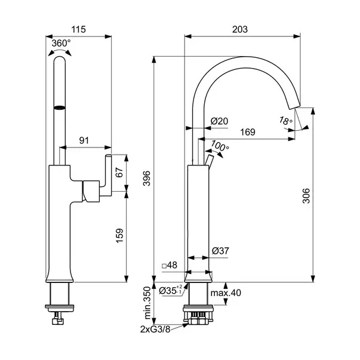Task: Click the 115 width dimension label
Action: coord(78,29)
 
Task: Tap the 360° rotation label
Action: coord(61,43)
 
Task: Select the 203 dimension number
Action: coord(240,29)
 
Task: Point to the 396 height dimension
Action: coord(146,178)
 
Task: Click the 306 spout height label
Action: coord(306,196)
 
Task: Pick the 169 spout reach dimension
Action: coord(248,132)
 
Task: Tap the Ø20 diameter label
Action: coord(220,121)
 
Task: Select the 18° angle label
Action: coord(286,121)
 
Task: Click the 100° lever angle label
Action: coord(220,146)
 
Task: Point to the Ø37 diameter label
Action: coord(220,251)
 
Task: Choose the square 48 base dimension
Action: coord(170,265)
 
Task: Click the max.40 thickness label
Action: coord(226,293)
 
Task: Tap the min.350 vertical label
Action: coord(148,303)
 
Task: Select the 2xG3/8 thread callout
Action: coord(155,330)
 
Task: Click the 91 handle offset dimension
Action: coord(84,140)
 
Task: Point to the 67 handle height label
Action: coord(119,172)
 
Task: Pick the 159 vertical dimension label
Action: coord(119,236)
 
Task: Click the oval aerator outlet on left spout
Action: coord(60,107)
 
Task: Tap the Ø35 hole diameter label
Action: coord(171,291)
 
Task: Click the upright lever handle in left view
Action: coord(109,173)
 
